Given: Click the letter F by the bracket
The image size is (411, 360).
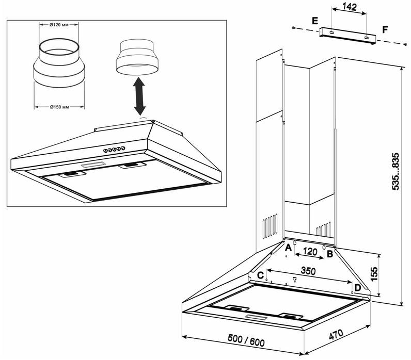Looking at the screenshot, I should pyautogui.click(x=385, y=29).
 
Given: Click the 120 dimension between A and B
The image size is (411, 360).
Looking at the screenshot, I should pyautogui.click(x=309, y=252).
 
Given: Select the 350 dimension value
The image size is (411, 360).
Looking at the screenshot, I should pyautogui.click(x=308, y=270).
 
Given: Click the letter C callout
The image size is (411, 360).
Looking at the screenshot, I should pyautogui.click(x=261, y=274).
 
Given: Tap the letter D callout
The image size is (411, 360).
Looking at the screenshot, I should pyautogui.click(x=357, y=287).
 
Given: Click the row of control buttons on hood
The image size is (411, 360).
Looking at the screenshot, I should pyautogui.click(x=113, y=150).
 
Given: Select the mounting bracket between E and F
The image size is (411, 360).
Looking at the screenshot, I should pyautogui.click(x=345, y=34).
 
